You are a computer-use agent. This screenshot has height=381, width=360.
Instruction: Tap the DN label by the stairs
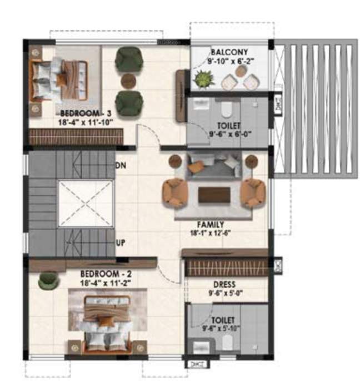(x=119, y=165)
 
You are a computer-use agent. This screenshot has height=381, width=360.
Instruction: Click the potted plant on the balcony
(x=204, y=80)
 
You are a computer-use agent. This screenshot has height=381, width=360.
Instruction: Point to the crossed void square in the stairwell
(x=86, y=202)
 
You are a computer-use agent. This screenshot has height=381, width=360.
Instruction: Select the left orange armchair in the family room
(x=174, y=192)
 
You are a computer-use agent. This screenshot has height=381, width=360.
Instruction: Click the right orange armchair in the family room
(x=254, y=192)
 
